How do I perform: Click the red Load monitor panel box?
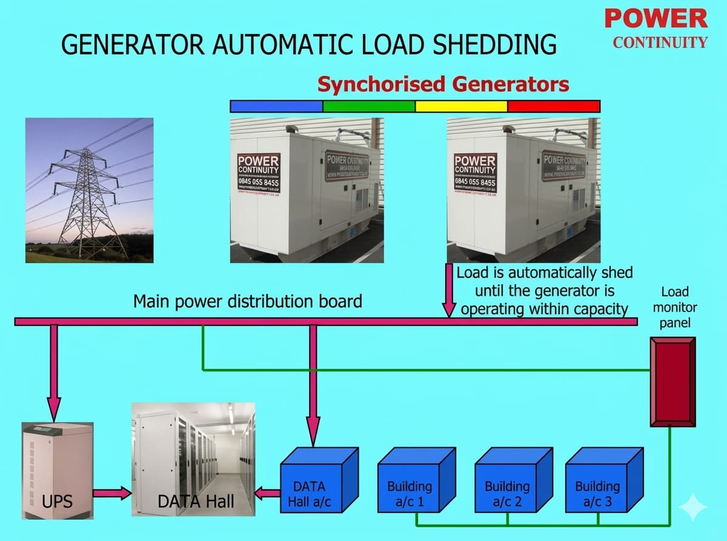point(672,382)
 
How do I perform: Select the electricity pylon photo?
point(89,190)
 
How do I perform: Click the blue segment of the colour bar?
point(277,107)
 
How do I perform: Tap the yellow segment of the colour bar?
point(461,107)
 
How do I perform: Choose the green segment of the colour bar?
point(369,107)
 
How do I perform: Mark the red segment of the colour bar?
point(553,107)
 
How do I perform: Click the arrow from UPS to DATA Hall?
point(113,493)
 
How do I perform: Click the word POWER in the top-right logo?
point(656,19)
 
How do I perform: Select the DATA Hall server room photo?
point(193,459)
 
